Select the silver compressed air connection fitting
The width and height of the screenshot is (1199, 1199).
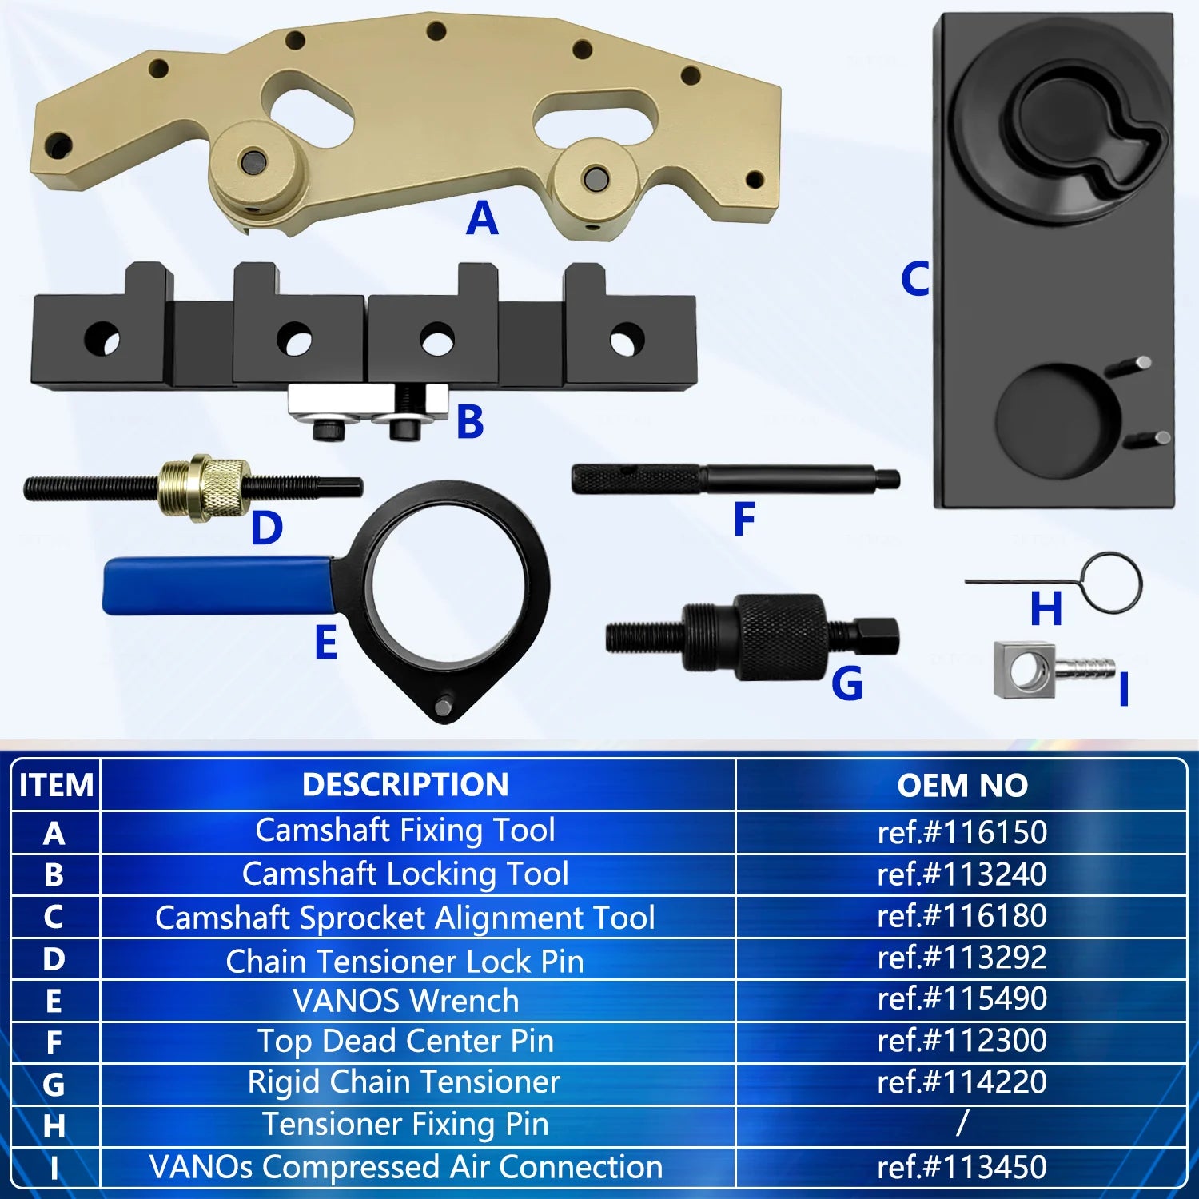pyautogui.click(x=1052, y=669)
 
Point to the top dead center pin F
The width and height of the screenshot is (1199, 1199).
pyautogui.click(x=735, y=478)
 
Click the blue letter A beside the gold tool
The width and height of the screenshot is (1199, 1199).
pyautogui.click(x=482, y=218)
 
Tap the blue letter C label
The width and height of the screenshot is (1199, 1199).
pyautogui.click(x=915, y=279)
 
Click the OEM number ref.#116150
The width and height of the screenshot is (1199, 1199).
pyautogui.click(x=962, y=832)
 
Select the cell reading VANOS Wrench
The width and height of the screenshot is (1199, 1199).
pyautogui.click(x=406, y=1001)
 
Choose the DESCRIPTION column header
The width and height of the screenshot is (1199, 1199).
pyautogui.click(x=405, y=784)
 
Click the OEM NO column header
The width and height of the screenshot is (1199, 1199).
pyautogui.click(x=962, y=785)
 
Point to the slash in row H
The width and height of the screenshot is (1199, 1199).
pyautogui.click(x=962, y=1123)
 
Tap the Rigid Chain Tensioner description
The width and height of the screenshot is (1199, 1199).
pyautogui.click(x=404, y=1081)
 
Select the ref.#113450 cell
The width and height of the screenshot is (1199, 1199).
pyautogui.click(x=962, y=1167)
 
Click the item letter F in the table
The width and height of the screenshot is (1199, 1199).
pyautogui.click(x=54, y=1042)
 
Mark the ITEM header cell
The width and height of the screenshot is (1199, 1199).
pyautogui.click(x=56, y=785)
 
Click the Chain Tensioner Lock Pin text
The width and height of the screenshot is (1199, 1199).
pyautogui.click(x=404, y=961)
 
